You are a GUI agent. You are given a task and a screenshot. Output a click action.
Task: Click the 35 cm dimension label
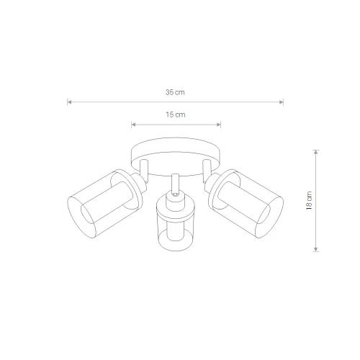(x=175, y=92)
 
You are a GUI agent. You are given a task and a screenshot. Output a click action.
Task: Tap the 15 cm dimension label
(x=176, y=114)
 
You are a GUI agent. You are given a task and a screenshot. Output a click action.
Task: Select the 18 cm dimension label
(x=309, y=201)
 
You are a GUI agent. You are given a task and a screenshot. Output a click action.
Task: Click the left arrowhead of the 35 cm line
(x=69, y=102)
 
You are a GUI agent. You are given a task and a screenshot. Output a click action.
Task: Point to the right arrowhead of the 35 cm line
(x=282, y=102)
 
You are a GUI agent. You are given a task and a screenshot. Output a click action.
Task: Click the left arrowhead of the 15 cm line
(x=133, y=125)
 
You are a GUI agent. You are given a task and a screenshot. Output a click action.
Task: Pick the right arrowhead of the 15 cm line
(x=219, y=125)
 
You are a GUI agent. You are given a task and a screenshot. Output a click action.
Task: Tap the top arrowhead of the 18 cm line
(x=316, y=152)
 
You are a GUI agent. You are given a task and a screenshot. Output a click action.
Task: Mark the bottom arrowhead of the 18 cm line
(x=316, y=249)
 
